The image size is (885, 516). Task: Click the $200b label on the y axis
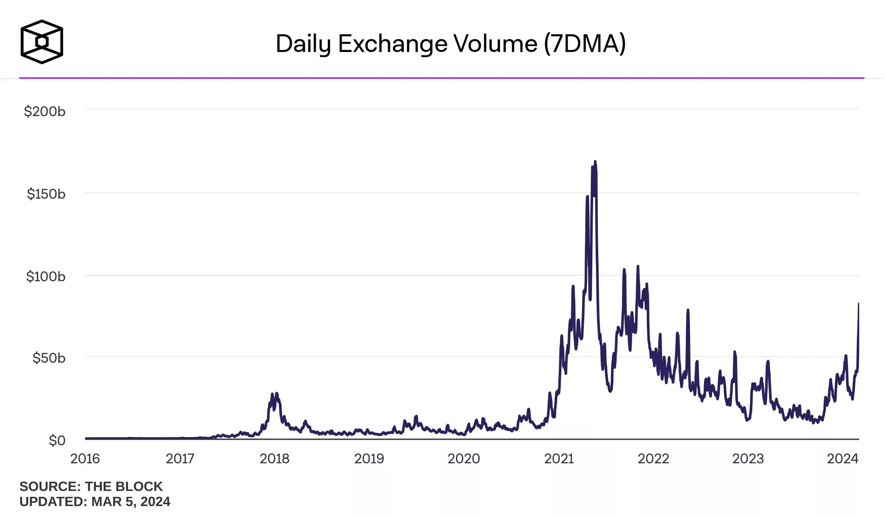(45, 111)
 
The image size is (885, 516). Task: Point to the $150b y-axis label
(46, 194)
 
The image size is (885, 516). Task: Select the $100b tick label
(46, 276)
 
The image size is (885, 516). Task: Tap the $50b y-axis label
(49, 358)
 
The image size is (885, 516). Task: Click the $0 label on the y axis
(57, 440)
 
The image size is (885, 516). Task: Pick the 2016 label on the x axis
(85, 459)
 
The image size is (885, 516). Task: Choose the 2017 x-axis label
(180, 459)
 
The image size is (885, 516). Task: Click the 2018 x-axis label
(275, 459)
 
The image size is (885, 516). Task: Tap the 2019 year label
(369, 459)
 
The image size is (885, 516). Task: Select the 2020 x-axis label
(464, 459)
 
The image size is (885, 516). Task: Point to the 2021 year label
(559, 459)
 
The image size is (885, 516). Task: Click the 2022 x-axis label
(654, 459)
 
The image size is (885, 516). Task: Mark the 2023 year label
(748, 459)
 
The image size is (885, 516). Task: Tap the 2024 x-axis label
(843, 459)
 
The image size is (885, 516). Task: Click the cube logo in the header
(42, 42)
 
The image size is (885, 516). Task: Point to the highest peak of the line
(595, 162)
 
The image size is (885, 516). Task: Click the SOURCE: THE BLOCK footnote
(91, 487)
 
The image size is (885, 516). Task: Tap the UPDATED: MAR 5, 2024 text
(95, 502)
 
